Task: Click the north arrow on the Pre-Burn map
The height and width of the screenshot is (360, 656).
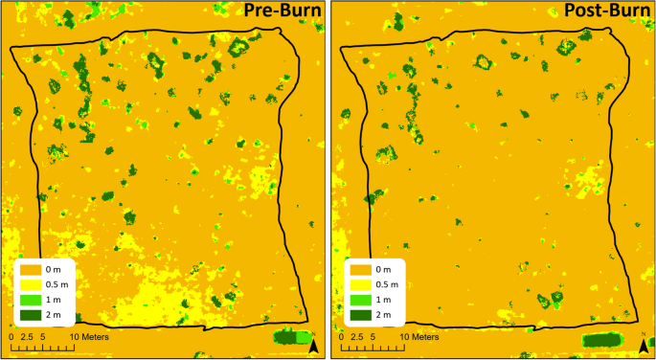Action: click(312, 346)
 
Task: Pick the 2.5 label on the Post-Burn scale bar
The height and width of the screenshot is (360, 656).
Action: click(358, 337)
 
